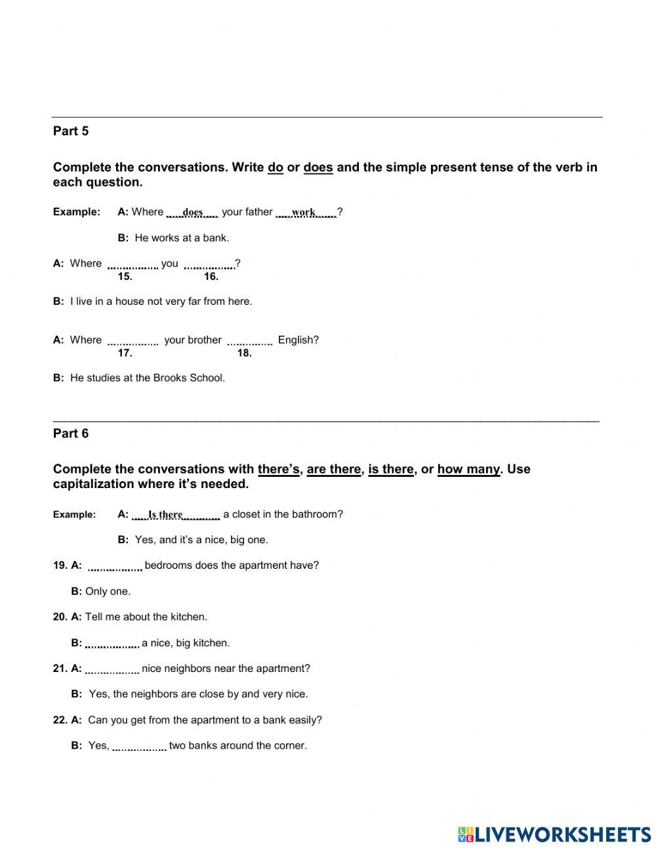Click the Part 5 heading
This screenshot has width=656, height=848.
(71, 131)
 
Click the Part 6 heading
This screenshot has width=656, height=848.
(71, 434)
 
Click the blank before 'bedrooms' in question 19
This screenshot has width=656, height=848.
(115, 566)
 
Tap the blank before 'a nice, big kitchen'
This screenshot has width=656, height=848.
(112, 644)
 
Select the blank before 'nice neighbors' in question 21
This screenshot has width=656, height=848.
(112, 669)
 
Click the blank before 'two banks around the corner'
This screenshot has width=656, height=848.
(139, 746)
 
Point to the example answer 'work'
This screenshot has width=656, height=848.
(304, 212)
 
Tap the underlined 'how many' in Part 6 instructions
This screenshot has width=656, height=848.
(468, 470)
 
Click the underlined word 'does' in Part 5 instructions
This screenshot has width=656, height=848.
(318, 167)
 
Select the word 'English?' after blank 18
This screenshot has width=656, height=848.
(298, 340)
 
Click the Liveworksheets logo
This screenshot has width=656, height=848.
(554, 834)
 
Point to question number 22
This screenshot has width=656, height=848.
(60, 720)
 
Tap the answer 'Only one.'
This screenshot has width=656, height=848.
(108, 592)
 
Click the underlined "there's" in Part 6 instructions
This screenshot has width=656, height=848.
(279, 470)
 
